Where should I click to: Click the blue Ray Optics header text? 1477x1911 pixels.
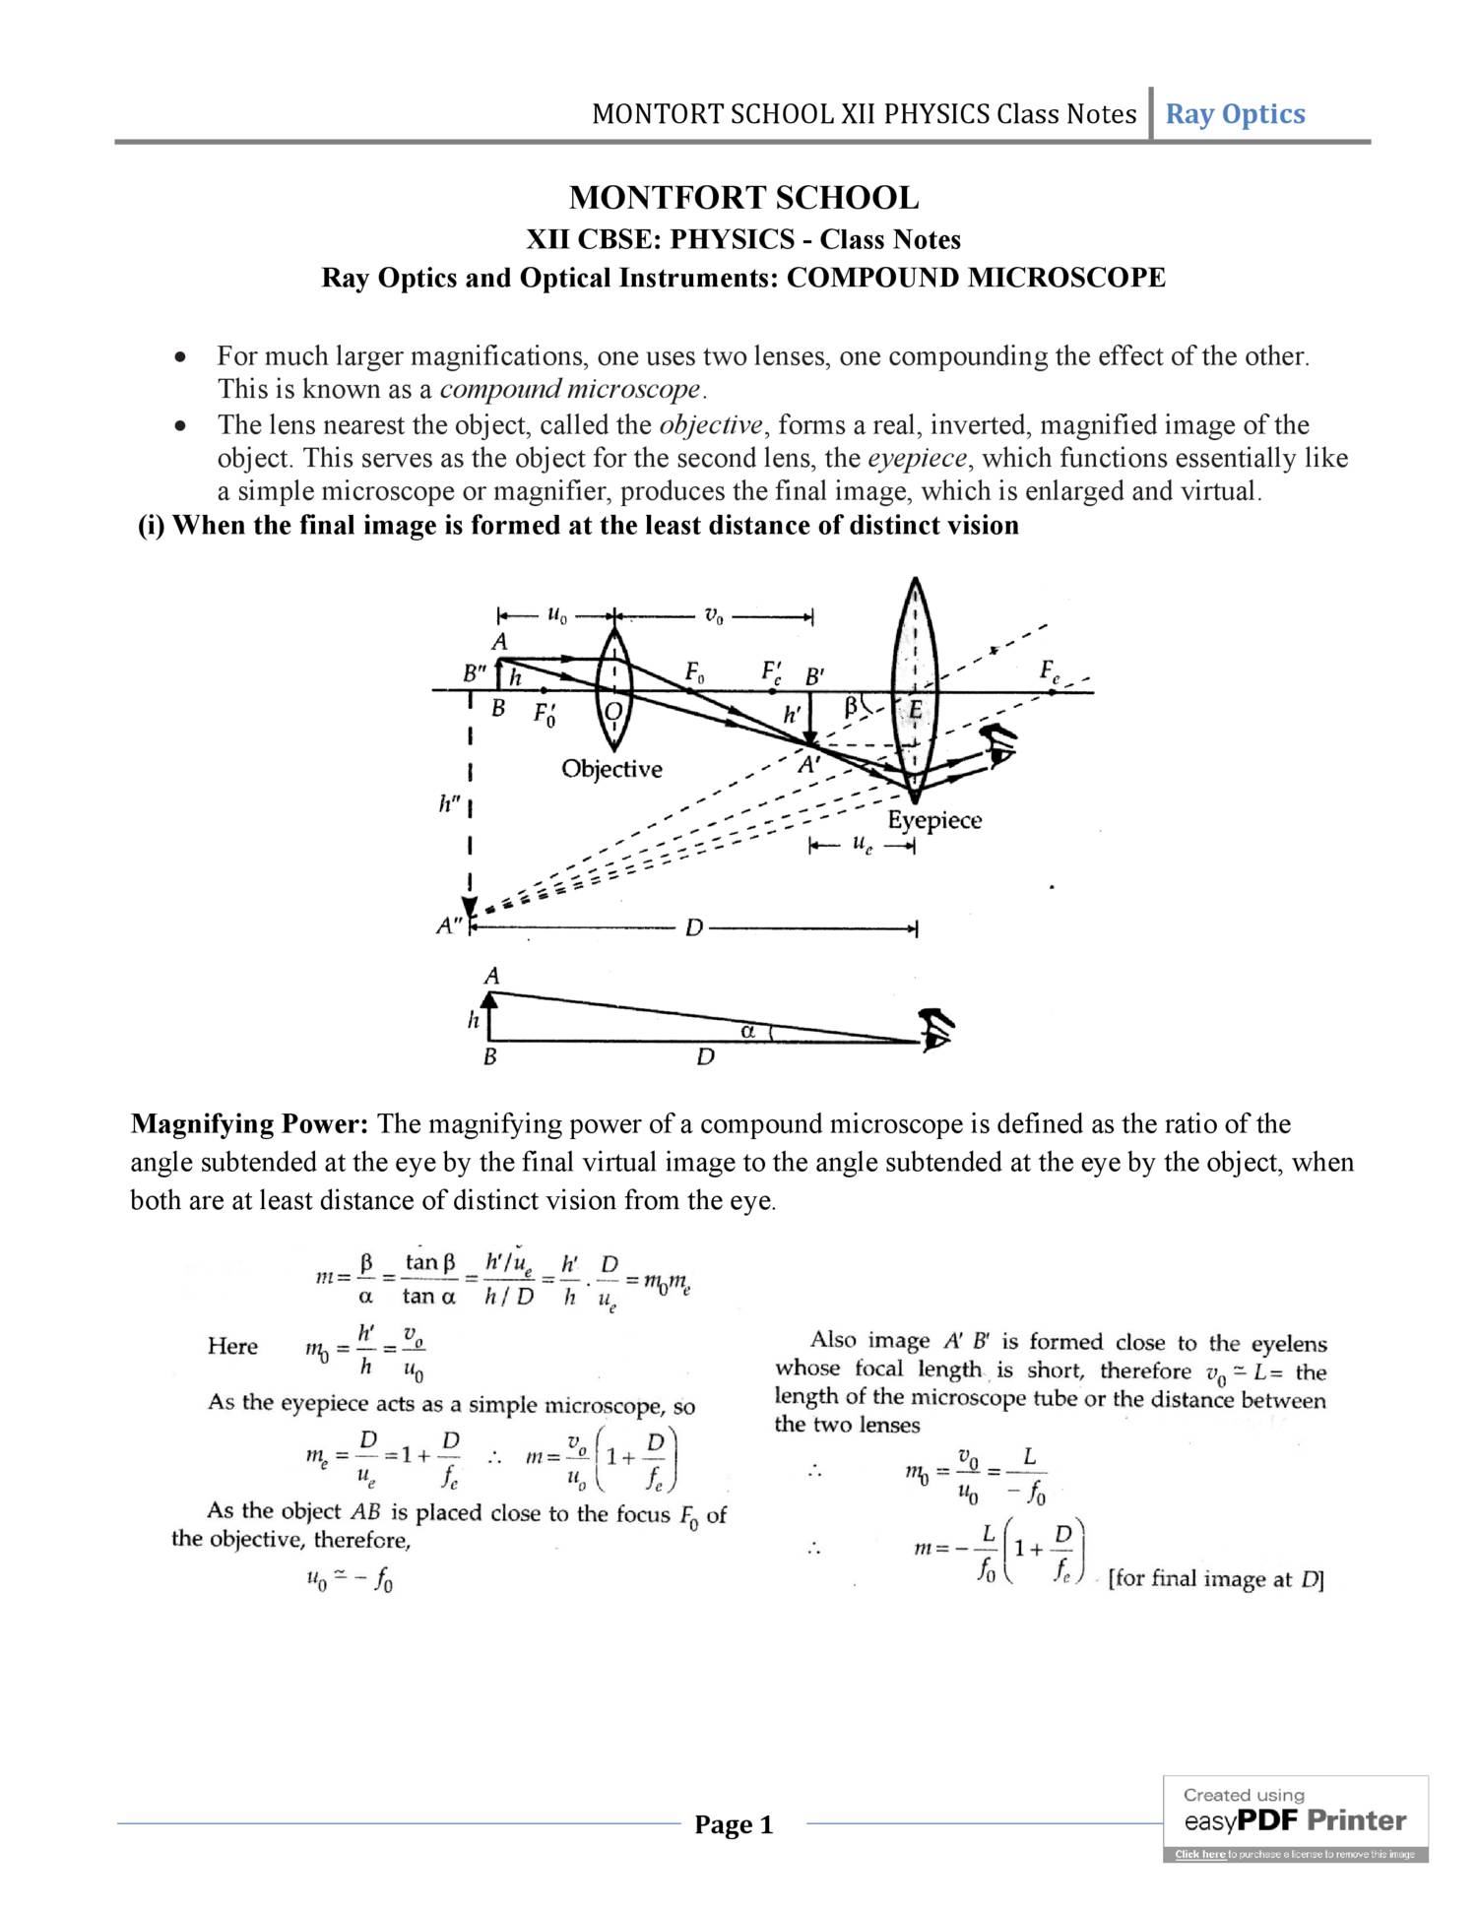coord(1235,114)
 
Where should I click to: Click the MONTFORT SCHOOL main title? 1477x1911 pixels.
coord(743,198)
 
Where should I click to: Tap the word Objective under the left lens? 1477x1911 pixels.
coord(611,769)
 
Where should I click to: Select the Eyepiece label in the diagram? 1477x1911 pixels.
coord(934,820)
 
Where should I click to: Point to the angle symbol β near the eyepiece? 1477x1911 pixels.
coord(851,705)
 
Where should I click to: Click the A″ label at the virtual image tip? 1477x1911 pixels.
coord(450,925)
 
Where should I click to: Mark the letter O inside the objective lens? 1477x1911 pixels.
coord(612,711)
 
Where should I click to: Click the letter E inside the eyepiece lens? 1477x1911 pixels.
coord(916,711)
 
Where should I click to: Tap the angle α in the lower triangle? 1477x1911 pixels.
coord(747,1031)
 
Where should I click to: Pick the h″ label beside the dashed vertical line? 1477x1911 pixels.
coord(449,804)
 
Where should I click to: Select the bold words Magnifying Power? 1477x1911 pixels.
coord(250,1124)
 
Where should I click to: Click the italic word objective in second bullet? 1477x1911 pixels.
coord(710,425)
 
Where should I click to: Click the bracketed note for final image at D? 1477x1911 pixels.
coord(1216,1579)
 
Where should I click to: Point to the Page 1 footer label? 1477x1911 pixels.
coord(734,1824)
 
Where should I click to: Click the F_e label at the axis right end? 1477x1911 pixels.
coord(1051,671)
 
